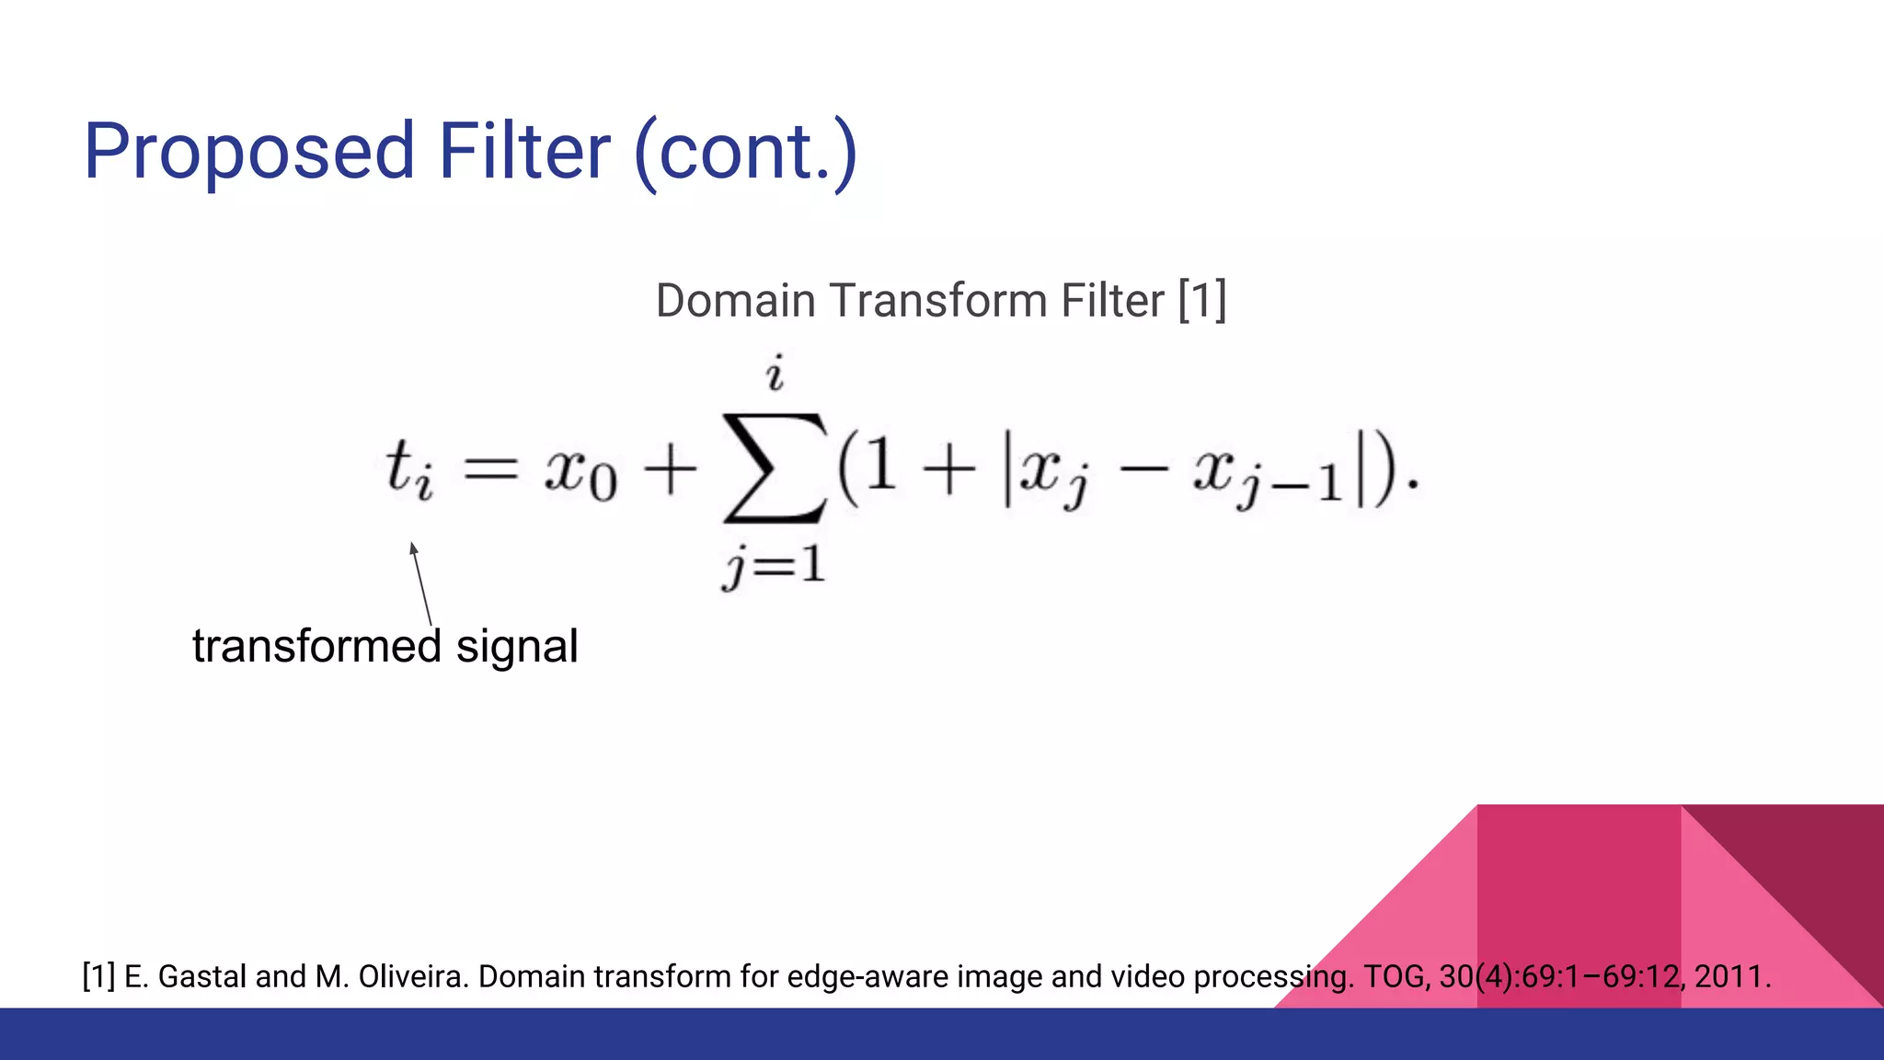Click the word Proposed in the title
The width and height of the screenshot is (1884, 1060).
click(248, 152)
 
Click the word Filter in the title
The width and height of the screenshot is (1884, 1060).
click(523, 152)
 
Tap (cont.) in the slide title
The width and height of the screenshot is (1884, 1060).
click(746, 152)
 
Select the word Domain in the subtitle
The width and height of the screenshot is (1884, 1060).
click(735, 301)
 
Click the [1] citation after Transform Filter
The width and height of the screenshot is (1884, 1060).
click(1202, 301)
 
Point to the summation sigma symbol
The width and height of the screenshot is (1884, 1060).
click(775, 468)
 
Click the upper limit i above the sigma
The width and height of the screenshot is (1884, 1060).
click(775, 374)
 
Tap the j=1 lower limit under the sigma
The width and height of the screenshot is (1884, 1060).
click(775, 565)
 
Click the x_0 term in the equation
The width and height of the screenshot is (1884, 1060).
click(580, 473)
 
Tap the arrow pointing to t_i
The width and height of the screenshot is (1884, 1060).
click(421, 583)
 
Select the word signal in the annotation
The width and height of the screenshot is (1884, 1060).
click(517, 646)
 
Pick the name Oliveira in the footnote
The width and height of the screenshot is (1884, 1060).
click(413, 976)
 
